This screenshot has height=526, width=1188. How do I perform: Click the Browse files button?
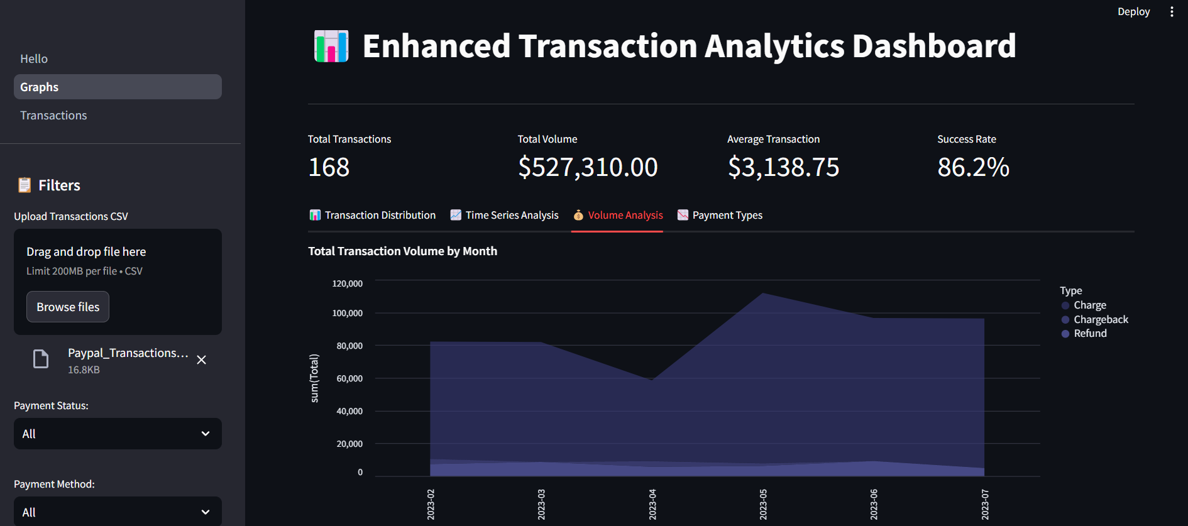point(68,307)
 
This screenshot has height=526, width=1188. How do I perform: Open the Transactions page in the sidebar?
point(53,115)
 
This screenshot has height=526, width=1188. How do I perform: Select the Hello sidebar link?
point(34,58)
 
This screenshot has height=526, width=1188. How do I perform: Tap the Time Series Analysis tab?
point(504,215)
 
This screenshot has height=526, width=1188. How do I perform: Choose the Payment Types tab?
point(720,215)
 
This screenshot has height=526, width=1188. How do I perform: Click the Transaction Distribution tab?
point(373,215)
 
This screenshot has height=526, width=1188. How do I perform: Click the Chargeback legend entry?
point(1100,319)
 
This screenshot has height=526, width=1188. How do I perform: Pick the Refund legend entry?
point(1089,333)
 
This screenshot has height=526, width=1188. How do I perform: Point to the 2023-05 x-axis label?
point(763,504)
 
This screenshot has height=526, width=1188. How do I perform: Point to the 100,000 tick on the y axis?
point(347,313)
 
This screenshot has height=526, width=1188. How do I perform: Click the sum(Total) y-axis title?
point(314,378)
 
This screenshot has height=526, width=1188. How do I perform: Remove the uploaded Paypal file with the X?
point(201,360)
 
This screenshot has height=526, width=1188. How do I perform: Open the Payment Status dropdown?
point(118,434)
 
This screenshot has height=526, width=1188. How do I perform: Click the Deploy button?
point(1133,11)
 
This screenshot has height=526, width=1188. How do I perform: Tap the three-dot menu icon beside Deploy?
point(1172,11)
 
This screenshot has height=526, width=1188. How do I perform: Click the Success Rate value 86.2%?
point(973,167)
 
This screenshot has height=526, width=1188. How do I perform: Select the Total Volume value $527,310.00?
point(588,167)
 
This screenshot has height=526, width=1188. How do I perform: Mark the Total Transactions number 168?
point(329,167)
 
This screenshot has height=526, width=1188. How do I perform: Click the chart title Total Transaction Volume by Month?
point(402,251)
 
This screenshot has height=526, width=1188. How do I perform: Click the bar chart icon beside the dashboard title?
point(331,47)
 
